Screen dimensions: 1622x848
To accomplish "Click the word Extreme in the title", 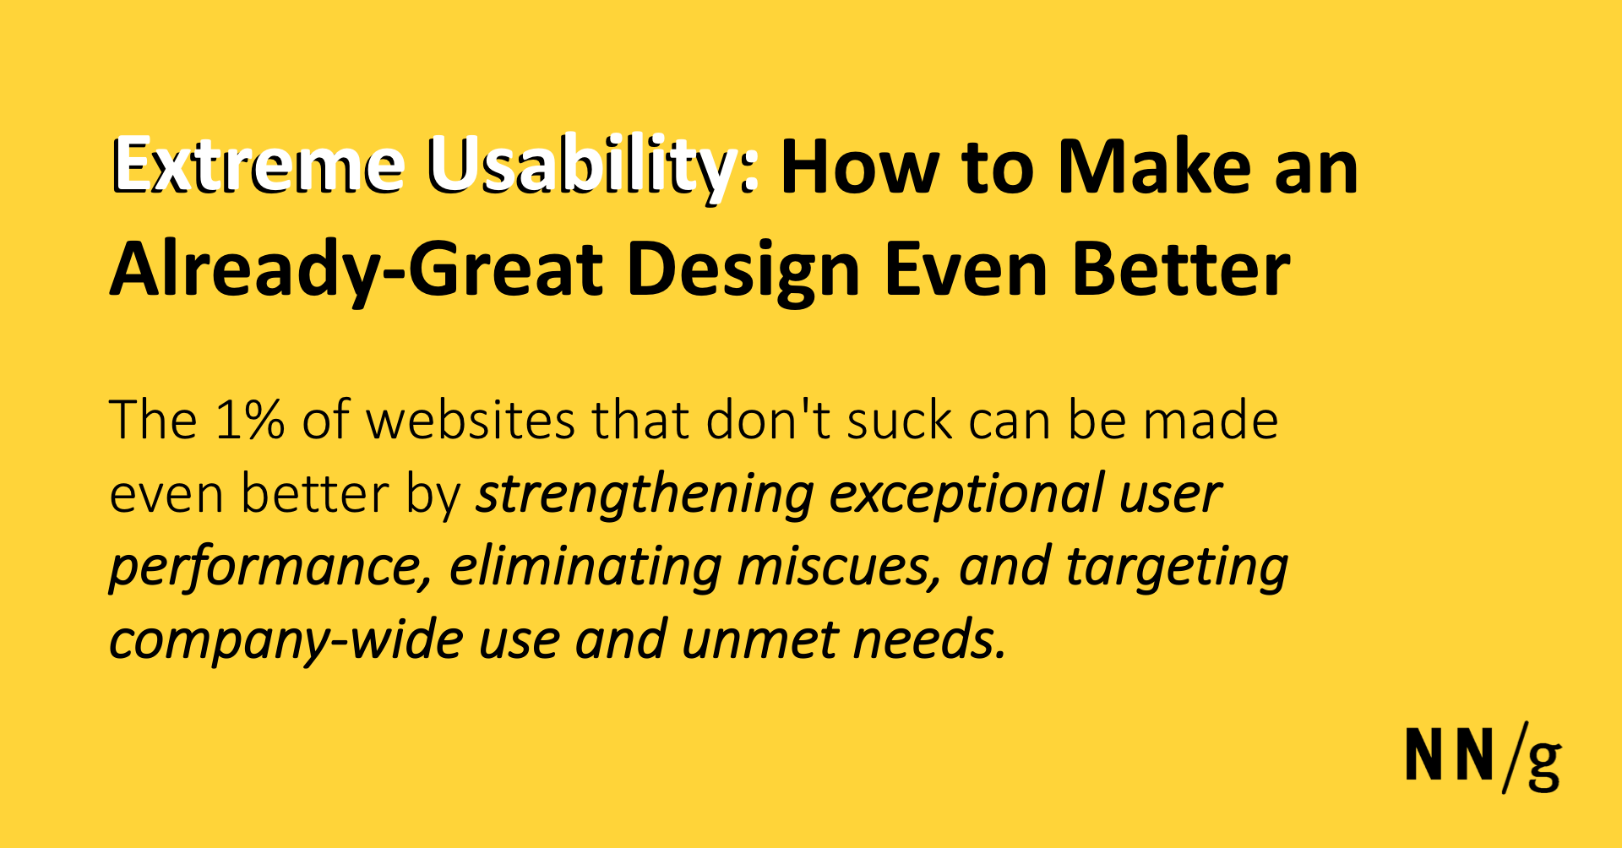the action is (x=258, y=166).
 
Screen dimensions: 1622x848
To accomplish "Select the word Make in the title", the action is (x=1154, y=166).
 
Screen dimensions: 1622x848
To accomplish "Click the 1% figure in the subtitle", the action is (x=250, y=420).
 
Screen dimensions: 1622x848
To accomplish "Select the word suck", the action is (x=900, y=420).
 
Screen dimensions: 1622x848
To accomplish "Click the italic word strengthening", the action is (x=645, y=495).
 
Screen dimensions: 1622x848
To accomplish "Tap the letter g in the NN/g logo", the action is (x=1544, y=762).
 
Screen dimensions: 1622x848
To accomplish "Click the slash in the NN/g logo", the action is (x=1515, y=758).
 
